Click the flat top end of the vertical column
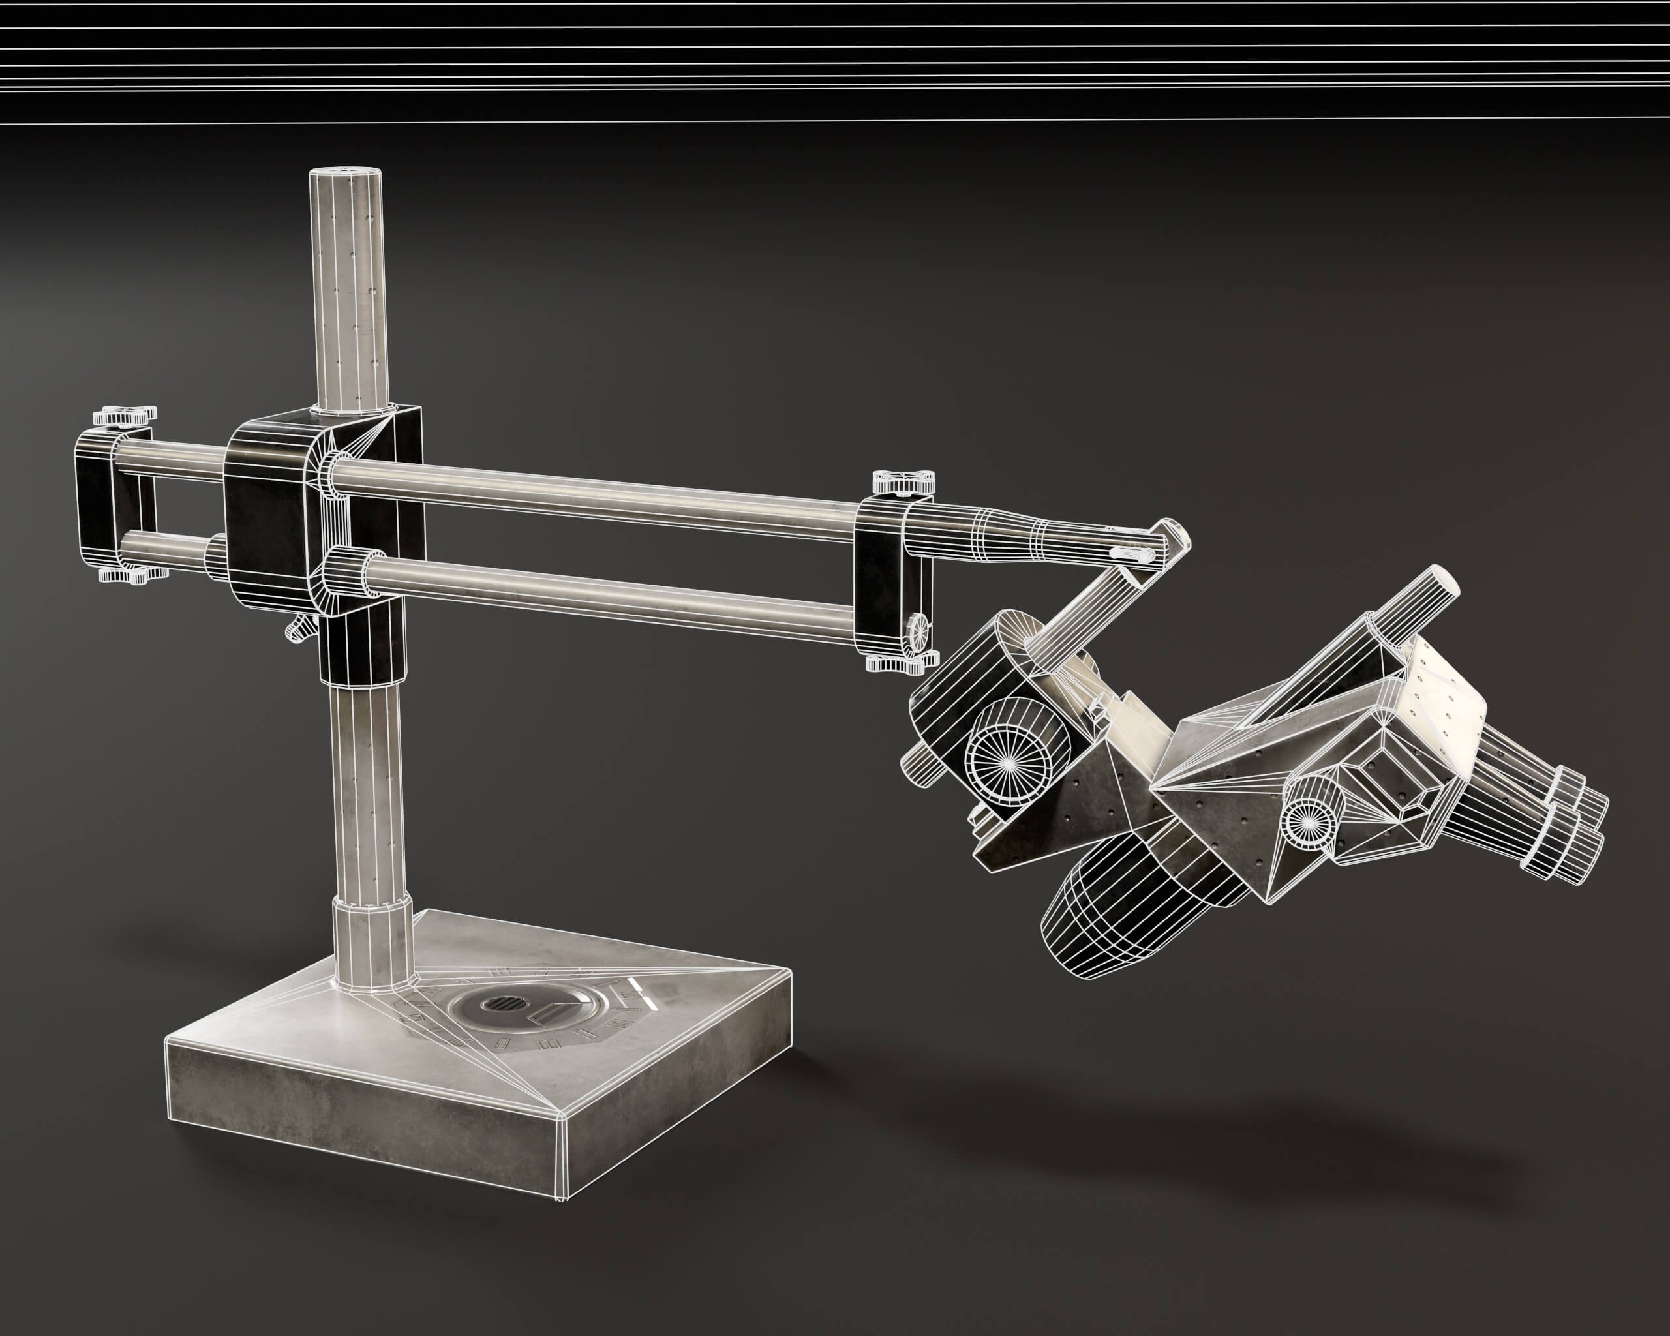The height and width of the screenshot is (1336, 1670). tap(346, 175)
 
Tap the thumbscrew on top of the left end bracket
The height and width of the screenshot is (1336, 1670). tap(124, 417)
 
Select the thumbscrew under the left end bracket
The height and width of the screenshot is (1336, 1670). tap(125, 575)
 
